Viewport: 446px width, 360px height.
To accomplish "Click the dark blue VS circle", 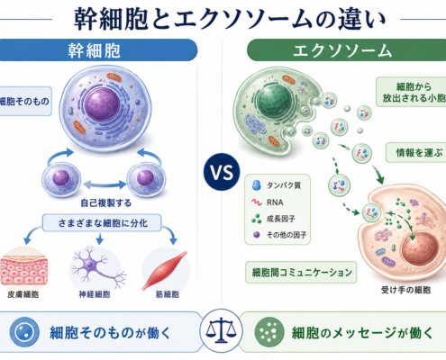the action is (222, 172).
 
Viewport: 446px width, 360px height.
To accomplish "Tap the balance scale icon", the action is (221, 330).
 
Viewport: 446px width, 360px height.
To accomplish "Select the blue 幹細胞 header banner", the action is (96, 50).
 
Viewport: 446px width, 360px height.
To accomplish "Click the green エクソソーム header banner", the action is (345, 50).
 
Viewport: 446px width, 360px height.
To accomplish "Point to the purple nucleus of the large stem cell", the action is (103, 104).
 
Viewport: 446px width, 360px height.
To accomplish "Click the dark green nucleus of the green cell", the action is (275, 101).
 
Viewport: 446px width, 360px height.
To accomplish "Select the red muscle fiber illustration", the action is (165, 270).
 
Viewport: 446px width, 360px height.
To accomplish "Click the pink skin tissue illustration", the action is (23, 268).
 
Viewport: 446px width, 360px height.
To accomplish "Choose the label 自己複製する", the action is (105, 203).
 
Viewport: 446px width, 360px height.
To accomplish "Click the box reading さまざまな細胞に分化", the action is (102, 223).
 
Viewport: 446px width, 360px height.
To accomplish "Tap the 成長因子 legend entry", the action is (273, 219).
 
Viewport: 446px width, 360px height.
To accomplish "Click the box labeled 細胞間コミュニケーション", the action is (301, 273).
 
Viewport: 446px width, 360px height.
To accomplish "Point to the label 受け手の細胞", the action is (405, 290).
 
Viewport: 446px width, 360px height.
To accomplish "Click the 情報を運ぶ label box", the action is (417, 153).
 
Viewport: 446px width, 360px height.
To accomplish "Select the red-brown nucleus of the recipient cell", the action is (420, 249).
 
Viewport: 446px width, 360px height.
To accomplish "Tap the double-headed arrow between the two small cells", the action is (105, 184).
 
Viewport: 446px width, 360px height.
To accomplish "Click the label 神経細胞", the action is (95, 294).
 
